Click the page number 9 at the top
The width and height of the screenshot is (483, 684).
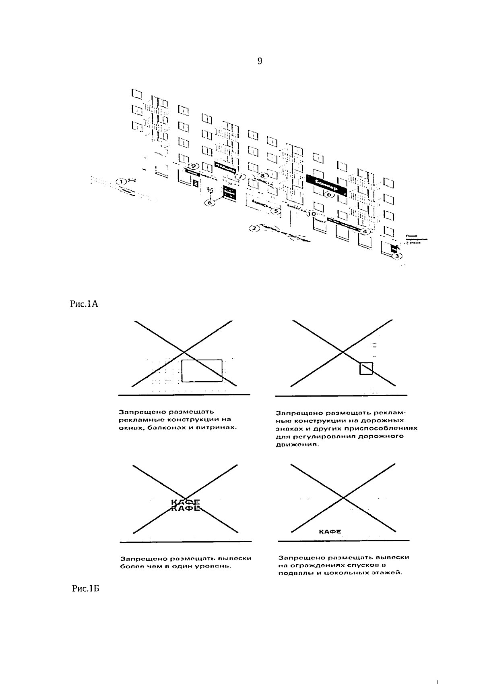pyautogui.click(x=260, y=61)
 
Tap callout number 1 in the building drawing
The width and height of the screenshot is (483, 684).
pyautogui.click(x=120, y=181)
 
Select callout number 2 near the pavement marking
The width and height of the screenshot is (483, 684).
pyautogui.click(x=254, y=229)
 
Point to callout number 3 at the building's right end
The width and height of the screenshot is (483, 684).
pyautogui.click(x=397, y=256)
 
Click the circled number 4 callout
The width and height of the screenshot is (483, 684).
pyautogui.click(x=365, y=231)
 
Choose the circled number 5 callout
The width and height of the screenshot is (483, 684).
pyautogui.click(x=276, y=210)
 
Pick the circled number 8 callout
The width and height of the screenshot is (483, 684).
pyautogui.click(x=262, y=176)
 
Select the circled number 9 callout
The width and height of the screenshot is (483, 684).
pyautogui.click(x=194, y=166)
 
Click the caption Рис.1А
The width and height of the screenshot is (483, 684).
pyautogui.click(x=85, y=304)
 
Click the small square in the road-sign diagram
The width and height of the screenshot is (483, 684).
pyautogui.click(x=366, y=368)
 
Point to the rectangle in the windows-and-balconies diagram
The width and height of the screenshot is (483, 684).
pyautogui.click(x=202, y=371)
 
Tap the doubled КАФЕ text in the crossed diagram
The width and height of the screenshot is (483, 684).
pyautogui.click(x=186, y=505)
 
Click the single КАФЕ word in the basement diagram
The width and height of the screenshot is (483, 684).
pyautogui.click(x=330, y=532)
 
